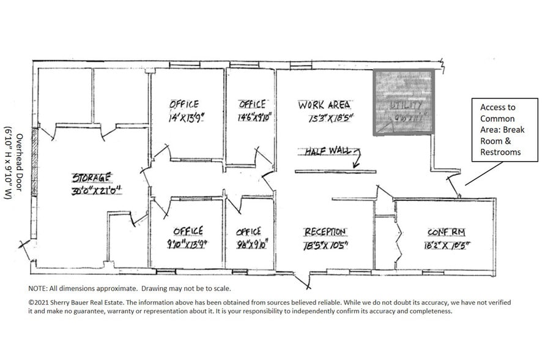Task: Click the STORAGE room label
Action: click(92, 178)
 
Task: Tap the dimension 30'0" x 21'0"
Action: click(96, 191)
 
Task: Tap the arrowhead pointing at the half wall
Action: click(354, 164)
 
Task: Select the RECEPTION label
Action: click(325, 232)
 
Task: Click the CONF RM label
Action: click(447, 233)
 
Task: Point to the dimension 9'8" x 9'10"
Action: click(250, 245)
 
